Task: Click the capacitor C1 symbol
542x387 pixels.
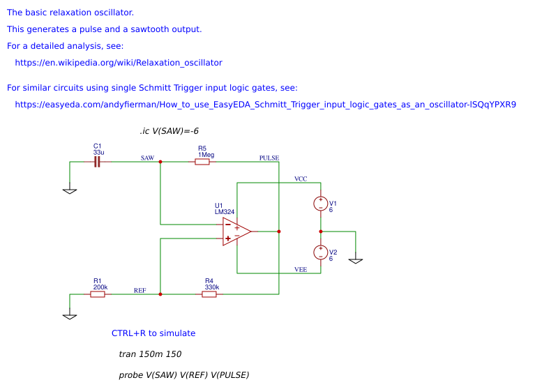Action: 98,162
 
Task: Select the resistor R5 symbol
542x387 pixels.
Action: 202,162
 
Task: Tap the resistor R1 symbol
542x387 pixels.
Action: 98,294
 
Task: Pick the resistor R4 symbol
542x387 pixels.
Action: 209,294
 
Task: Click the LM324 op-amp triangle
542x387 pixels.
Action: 236,232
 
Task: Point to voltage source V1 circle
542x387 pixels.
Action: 321,204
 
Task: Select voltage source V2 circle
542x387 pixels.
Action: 321,252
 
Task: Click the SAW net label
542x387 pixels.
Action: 147,158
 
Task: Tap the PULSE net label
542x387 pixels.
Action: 269,158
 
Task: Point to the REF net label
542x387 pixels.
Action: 140,290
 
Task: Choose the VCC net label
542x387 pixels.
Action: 301,179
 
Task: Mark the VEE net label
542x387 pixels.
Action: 301,269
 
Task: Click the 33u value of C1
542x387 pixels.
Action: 98,152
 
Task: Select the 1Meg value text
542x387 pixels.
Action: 205,154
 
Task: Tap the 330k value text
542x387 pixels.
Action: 212,287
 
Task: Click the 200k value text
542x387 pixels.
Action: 100,287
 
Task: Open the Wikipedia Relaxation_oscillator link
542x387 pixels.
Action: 119,63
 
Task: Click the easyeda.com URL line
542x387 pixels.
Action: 265,105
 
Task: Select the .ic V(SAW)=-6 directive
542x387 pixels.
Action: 170,131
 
